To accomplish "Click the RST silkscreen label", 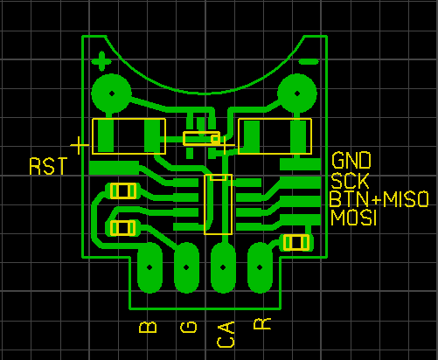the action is pos(48,166).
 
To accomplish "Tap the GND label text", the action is pos(351,161).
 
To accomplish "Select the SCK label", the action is pos(350,181).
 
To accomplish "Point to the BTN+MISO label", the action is pos(379,199).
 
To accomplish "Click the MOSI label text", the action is pos(353,218).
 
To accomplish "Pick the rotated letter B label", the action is pos(148,328).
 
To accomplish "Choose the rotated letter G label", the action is pos(189,328).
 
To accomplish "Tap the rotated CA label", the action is pos(226,335).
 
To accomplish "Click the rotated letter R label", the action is pos(262,324).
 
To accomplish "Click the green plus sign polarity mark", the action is pos(101,61).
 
